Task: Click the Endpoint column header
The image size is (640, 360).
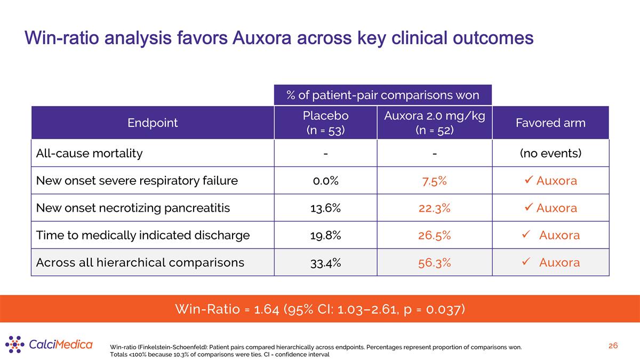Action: coord(153,123)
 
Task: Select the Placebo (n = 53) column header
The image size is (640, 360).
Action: coord(326,123)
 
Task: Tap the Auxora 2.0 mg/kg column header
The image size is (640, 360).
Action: coord(435,123)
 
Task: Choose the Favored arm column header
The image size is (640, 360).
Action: coord(550,123)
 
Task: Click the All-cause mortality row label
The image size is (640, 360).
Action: coord(89,154)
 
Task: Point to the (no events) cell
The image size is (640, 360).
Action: coord(550,154)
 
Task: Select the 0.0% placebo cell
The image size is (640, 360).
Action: coord(326,181)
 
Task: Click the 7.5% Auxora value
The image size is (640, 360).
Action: coord(435,181)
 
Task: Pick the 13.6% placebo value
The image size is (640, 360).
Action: coord(326,208)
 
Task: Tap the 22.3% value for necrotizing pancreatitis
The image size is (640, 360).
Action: coord(435,208)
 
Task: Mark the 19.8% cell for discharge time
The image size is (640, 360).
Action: coord(326,235)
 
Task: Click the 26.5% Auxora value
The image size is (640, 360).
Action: coord(435,235)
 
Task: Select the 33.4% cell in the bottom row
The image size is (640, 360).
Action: coord(326,263)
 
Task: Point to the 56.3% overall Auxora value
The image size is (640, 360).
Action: coord(435,263)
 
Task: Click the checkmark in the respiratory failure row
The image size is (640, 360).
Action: coord(529,180)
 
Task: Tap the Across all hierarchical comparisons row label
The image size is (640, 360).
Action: coord(140,262)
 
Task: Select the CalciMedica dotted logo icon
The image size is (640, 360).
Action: coord(14,345)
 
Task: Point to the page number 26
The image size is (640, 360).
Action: coord(613,346)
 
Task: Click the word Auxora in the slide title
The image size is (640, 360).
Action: coord(262,38)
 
